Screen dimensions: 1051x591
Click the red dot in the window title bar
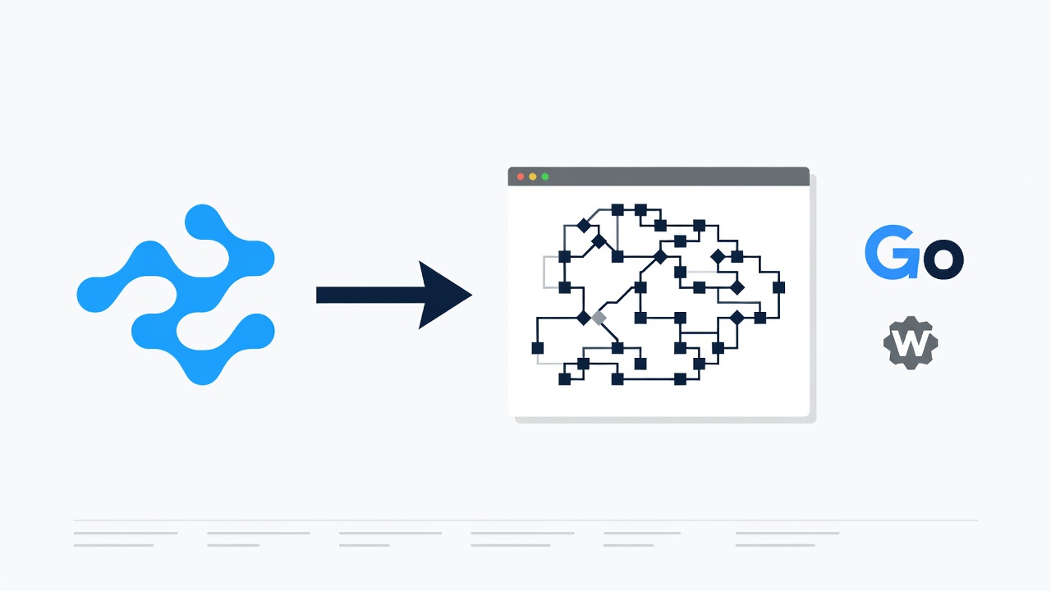521,176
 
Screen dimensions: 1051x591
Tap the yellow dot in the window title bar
533,176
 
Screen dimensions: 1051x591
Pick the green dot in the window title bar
544,176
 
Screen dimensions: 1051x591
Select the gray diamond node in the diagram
599,318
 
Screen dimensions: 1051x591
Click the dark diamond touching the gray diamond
583,318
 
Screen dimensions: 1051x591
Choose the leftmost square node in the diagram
538,348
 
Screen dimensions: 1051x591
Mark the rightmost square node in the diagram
778,287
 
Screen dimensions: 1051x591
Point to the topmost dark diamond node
583,226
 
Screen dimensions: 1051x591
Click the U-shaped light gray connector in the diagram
544,272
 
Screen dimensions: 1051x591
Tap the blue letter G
892,252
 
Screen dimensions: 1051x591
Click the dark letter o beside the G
944,259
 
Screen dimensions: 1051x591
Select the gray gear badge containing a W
911,343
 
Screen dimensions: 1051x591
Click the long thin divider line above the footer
525,520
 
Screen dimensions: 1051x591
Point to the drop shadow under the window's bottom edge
665,419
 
